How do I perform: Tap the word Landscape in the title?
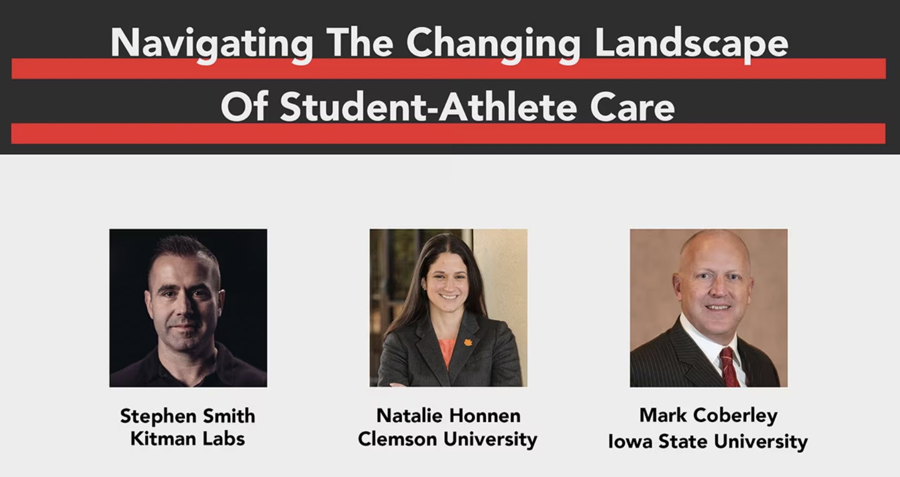pyautogui.click(x=691, y=43)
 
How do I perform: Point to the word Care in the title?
pyautogui.click(x=632, y=107)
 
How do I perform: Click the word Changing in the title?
pyautogui.click(x=493, y=43)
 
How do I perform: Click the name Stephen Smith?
pyautogui.click(x=188, y=416)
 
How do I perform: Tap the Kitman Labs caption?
pyautogui.click(x=188, y=439)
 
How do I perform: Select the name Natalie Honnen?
pyautogui.click(x=448, y=416)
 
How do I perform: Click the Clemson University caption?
pyautogui.click(x=447, y=439)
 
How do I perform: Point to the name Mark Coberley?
pyautogui.click(x=708, y=415)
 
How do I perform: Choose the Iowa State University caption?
pyautogui.click(x=708, y=441)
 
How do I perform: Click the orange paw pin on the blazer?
pyautogui.click(x=468, y=342)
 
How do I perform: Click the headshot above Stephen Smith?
pyautogui.click(x=188, y=308)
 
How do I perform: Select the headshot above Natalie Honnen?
pyautogui.click(x=448, y=308)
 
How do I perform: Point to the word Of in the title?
pyautogui.click(x=244, y=107)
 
